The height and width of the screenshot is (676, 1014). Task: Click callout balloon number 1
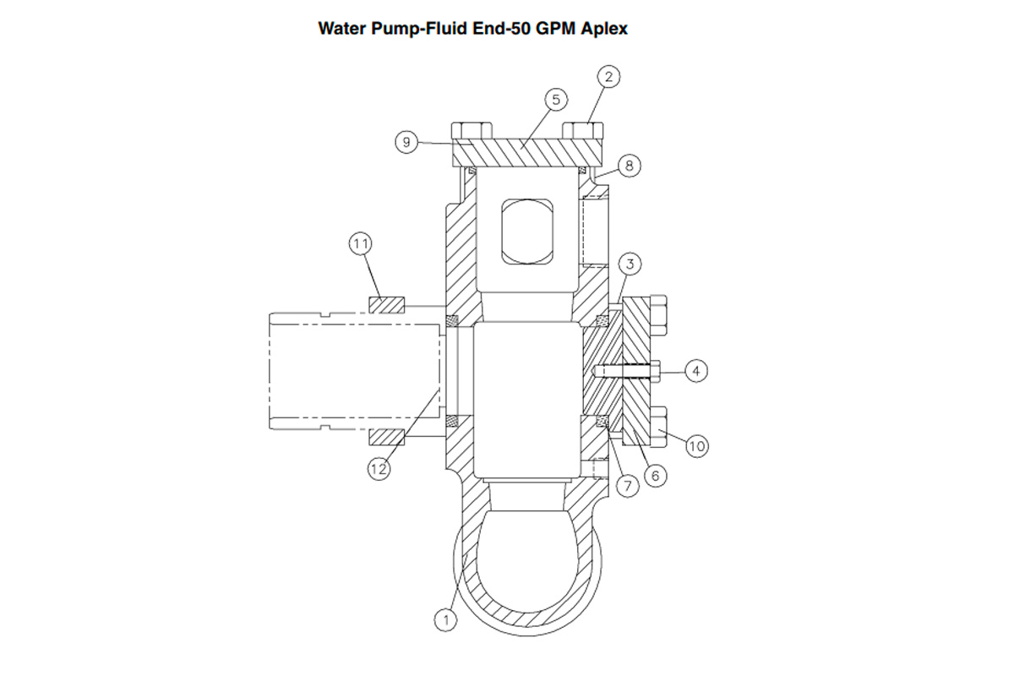click(446, 619)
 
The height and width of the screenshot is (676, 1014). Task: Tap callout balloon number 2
click(610, 76)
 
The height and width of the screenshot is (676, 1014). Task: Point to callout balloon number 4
click(695, 370)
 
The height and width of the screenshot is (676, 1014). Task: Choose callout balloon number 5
click(555, 100)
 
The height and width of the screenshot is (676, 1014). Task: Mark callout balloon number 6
click(654, 475)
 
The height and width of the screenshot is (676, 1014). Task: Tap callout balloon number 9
click(406, 142)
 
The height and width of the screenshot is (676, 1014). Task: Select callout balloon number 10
click(695, 444)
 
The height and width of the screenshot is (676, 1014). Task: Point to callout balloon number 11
click(361, 244)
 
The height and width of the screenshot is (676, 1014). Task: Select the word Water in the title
click(342, 28)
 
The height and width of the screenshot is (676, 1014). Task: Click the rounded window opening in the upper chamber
click(527, 231)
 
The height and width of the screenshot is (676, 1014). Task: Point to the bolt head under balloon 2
click(583, 131)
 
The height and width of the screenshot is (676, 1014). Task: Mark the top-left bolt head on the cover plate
click(472, 131)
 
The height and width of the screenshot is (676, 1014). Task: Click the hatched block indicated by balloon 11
click(388, 303)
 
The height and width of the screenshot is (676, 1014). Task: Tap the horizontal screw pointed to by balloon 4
click(629, 370)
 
